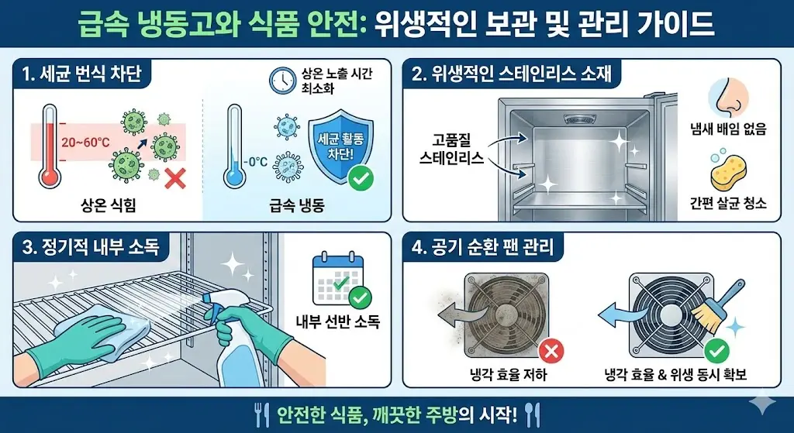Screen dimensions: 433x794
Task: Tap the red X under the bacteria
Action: [176, 180]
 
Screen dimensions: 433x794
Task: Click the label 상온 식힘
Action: [109, 205]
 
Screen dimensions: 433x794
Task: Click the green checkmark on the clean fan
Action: [713, 352]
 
